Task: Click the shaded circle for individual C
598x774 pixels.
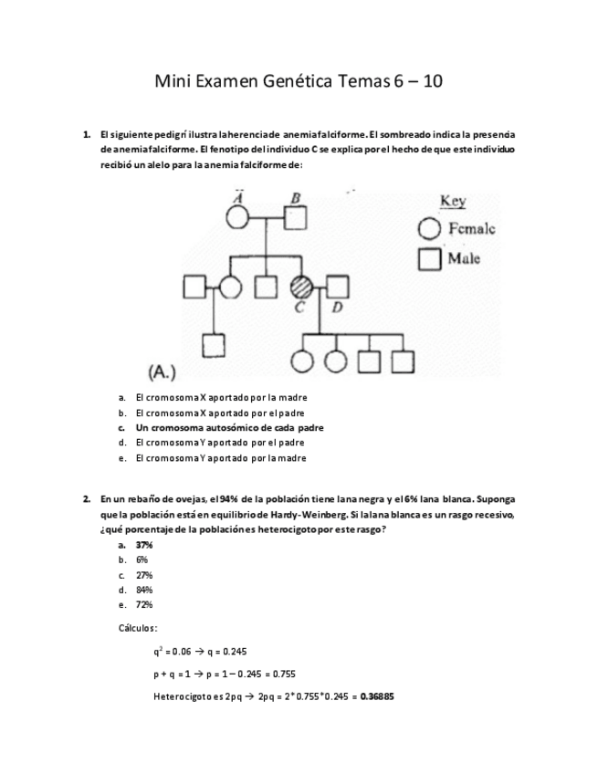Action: (x=300, y=288)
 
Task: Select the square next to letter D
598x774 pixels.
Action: (x=338, y=288)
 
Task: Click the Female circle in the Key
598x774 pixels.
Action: (x=428, y=230)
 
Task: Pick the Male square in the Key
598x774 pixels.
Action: (x=428, y=259)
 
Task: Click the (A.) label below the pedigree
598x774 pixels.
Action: (x=162, y=371)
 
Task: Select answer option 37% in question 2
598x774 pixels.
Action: (x=144, y=544)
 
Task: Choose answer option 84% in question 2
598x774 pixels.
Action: (x=144, y=590)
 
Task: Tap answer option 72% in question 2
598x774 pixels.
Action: (x=144, y=604)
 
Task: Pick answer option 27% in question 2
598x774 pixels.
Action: (x=144, y=574)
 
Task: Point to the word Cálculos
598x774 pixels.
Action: (x=138, y=628)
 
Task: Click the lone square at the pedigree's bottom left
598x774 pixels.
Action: (x=214, y=345)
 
